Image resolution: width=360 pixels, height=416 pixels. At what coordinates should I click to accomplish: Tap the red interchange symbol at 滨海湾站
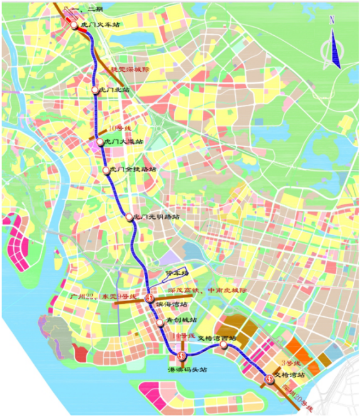[x=149, y=299]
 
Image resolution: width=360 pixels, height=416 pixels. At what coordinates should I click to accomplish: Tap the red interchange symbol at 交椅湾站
[x=269, y=378]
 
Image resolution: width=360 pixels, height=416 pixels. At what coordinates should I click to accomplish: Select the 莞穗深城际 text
[x=132, y=70]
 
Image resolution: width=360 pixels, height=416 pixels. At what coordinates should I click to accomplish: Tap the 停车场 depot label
[x=176, y=274]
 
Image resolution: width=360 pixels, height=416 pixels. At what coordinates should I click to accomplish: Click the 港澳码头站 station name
[x=187, y=370]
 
